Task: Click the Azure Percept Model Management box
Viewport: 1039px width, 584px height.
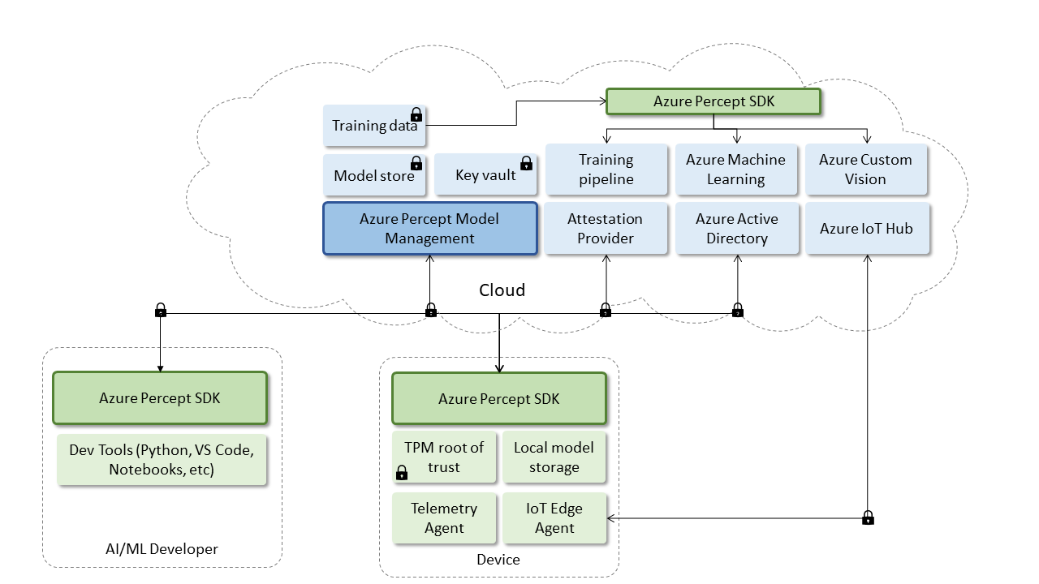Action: [x=429, y=229]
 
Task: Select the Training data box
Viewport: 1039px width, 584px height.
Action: [x=373, y=126]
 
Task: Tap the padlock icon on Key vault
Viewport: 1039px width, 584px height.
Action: [x=526, y=163]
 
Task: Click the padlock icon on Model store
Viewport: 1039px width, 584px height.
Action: [x=416, y=163]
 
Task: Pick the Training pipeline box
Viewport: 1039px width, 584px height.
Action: [x=606, y=170]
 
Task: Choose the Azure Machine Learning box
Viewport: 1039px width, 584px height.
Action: [x=735, y=170]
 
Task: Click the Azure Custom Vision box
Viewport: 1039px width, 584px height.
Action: [x=865, y=170]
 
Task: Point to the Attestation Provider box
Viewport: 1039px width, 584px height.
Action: [x=606, y=229]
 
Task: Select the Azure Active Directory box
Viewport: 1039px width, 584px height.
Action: [x=736, y=229]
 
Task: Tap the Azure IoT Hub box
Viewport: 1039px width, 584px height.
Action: [x=865, y=229]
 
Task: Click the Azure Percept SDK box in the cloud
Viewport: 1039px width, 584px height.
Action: [x=714, y=101]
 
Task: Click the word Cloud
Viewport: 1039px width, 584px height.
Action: [x=502, y=290]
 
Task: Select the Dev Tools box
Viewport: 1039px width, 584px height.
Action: [x=162, y=460]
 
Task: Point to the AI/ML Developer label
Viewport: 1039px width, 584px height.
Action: [x=162, y=549]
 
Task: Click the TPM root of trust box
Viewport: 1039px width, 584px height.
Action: [x=443, y=457]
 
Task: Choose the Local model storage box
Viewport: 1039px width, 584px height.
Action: [x=554, y=457]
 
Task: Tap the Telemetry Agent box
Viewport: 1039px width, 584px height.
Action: [x=443, y=518]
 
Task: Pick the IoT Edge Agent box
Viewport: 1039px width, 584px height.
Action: [x=554, y=518]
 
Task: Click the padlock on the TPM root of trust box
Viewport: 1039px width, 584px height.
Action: [x=401, y=473]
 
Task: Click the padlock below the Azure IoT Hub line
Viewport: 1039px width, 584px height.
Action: [x=868, y=517]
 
